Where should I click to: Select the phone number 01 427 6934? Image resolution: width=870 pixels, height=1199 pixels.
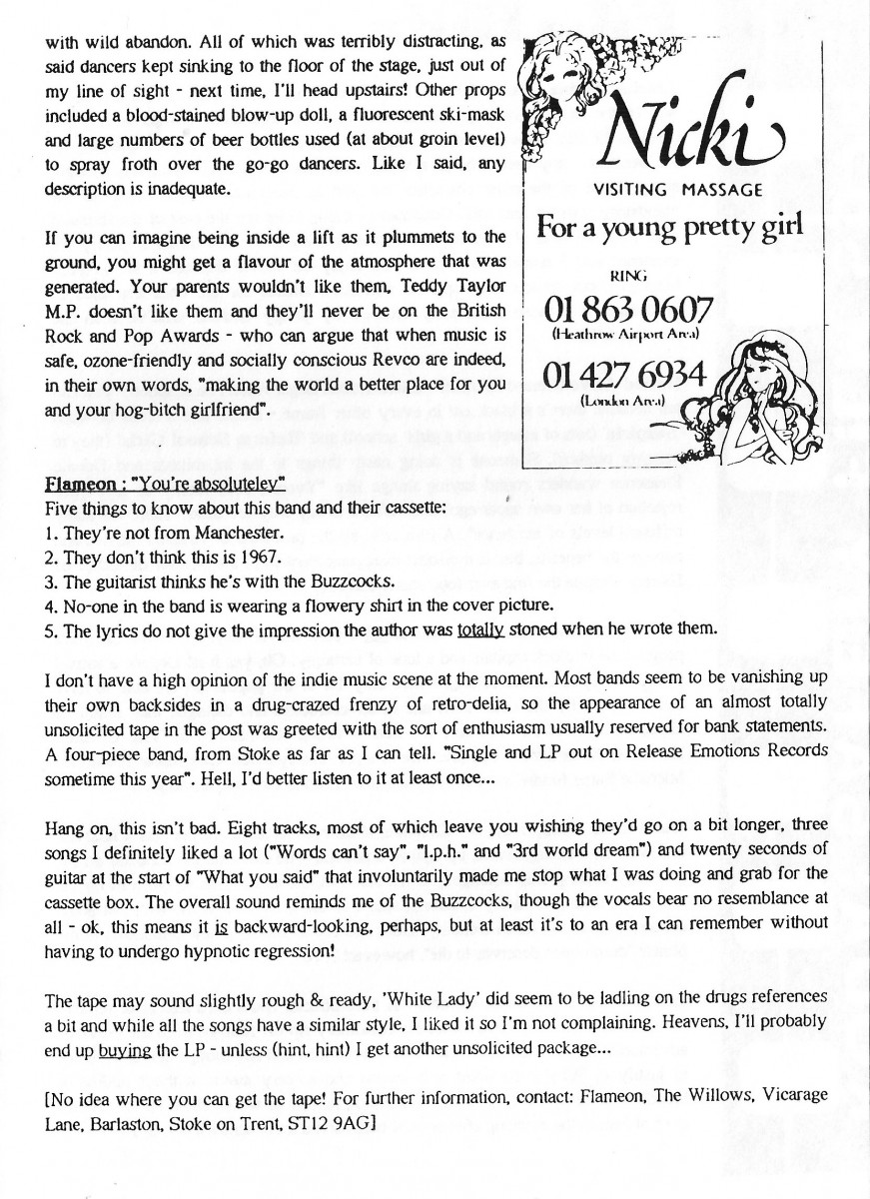[x=624, y=377]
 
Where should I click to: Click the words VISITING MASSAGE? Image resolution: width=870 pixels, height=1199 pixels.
[x=678, y=190]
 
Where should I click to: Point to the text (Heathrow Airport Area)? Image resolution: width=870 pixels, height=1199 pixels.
[x=627, y=333]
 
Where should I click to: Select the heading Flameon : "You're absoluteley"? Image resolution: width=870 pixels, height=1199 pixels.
[x=166, y=485]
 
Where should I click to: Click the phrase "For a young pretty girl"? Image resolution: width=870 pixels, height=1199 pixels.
[x=669, y=226]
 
